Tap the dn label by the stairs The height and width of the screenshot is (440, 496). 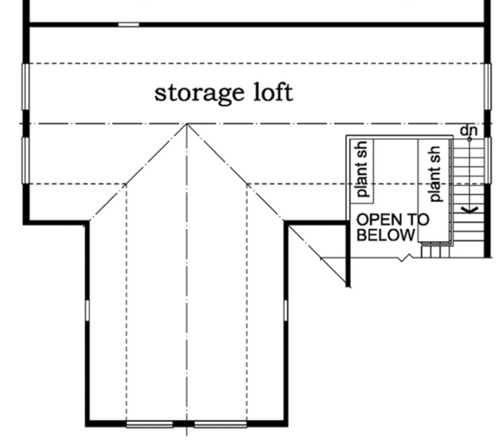[468, 130]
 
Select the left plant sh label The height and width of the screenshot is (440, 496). [361, 166]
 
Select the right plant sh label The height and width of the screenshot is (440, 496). [435, 167]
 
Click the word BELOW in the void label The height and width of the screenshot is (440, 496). [386, 234]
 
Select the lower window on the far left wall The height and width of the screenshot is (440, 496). [25, 159]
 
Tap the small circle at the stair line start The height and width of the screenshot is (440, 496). [469, 139]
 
